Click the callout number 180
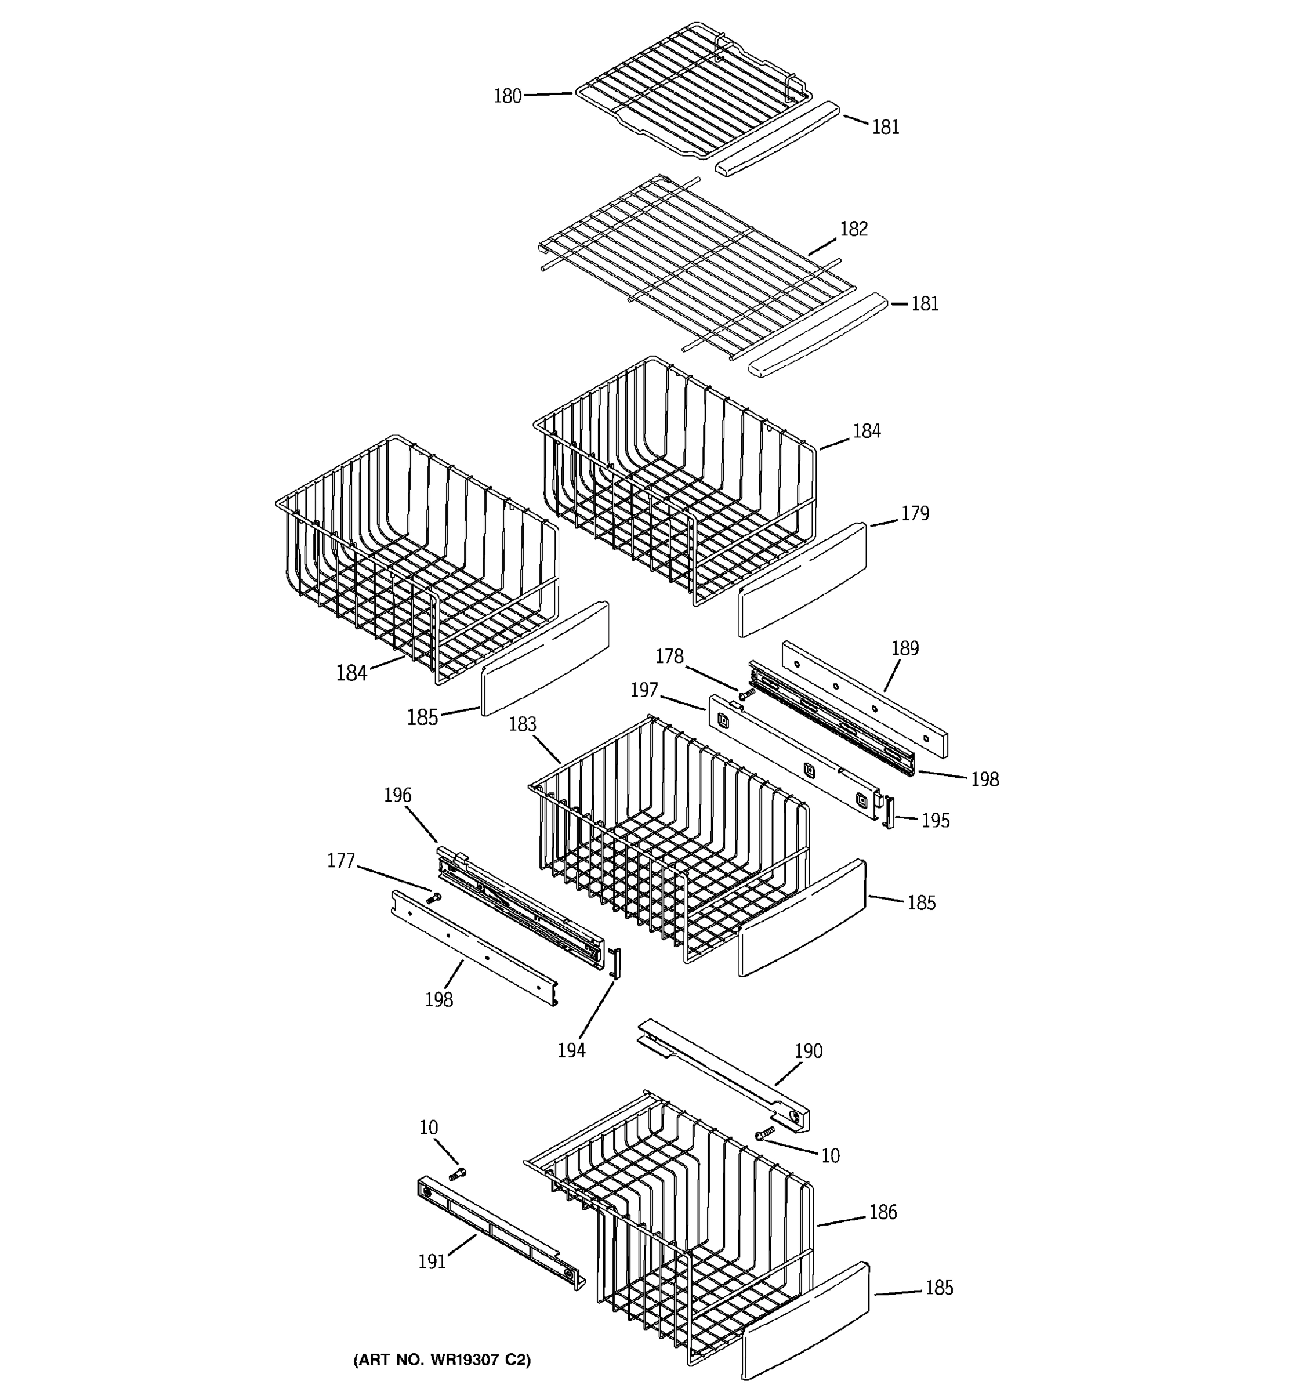tap(507, 96)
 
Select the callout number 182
tap(853, 229)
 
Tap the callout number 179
tap(914, 513)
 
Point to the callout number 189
tap(905, 648)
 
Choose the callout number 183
tap(522, 724)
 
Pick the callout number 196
tap(398, 795)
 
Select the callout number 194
tap(571, 1050)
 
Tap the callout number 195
tap(936, 820)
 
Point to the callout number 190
tap(808, 1050)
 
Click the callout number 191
tap(432, 1261)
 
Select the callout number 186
tap(883, 1212)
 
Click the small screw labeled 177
tap(434, 897)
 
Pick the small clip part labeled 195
tap(889, 812)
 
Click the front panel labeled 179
tap(802, 581)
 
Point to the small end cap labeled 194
tap(615, 963)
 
